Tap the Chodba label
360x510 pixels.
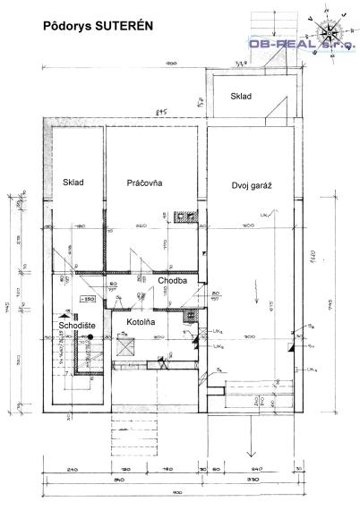(x=172, y=280)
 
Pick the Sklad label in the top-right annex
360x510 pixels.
(x=241, y=96)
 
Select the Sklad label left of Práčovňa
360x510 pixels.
(x=73, y=183)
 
